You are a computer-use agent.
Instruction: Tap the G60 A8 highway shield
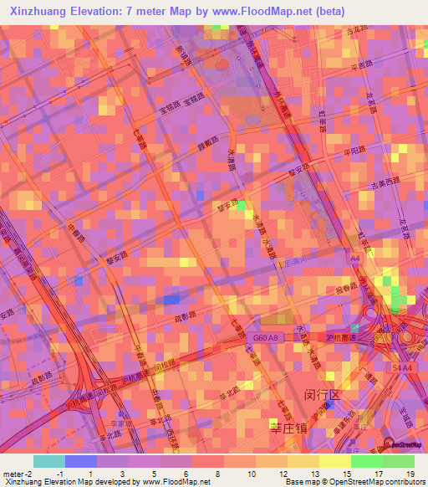[x=258, y=338]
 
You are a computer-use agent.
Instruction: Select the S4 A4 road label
[x=403, y=367]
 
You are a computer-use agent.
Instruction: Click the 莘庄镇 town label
[x=288, y=427]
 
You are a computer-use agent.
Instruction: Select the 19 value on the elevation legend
[x=410, y=474]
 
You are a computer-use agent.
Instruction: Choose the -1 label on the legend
[x=60, y=474]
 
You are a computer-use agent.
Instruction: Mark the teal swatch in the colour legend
[x=49, y=461]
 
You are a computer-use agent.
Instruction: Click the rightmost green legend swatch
[x=399, y=461]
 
